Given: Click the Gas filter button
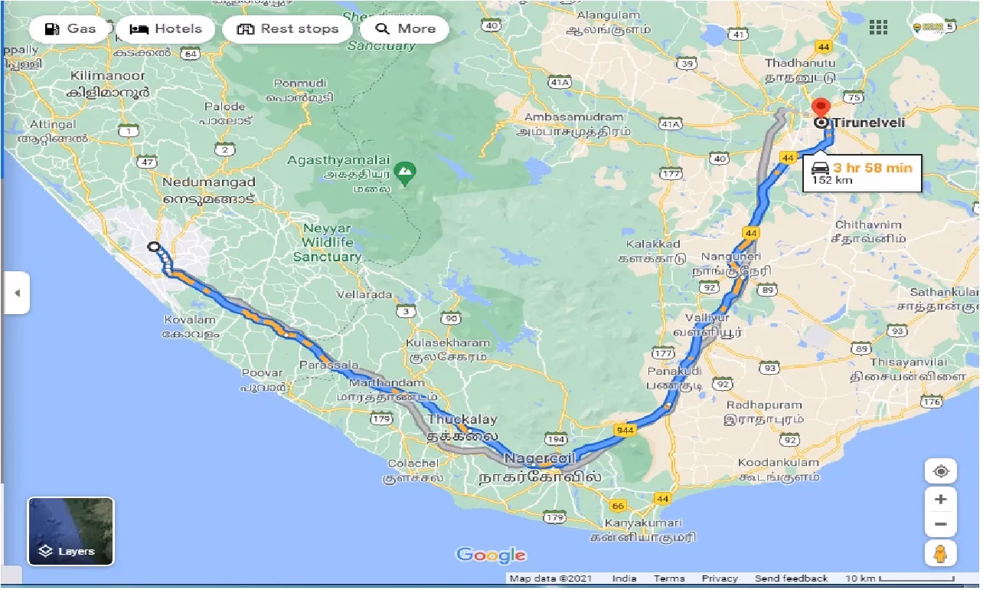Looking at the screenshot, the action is point(70,29).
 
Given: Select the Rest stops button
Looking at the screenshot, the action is point(288,29).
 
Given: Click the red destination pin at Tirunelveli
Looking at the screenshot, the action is point(821,108).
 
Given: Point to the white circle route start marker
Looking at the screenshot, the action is point(154,247).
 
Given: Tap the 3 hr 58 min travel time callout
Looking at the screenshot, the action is point(862,173).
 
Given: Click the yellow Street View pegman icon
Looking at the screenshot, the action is point(940,552).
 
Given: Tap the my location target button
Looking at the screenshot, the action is point(940,470).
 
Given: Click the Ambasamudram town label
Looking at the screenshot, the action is point(573,117).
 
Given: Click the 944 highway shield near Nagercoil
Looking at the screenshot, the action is point(625,431).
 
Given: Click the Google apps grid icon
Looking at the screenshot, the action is point(878,28).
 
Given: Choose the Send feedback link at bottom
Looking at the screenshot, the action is point(791,579).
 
